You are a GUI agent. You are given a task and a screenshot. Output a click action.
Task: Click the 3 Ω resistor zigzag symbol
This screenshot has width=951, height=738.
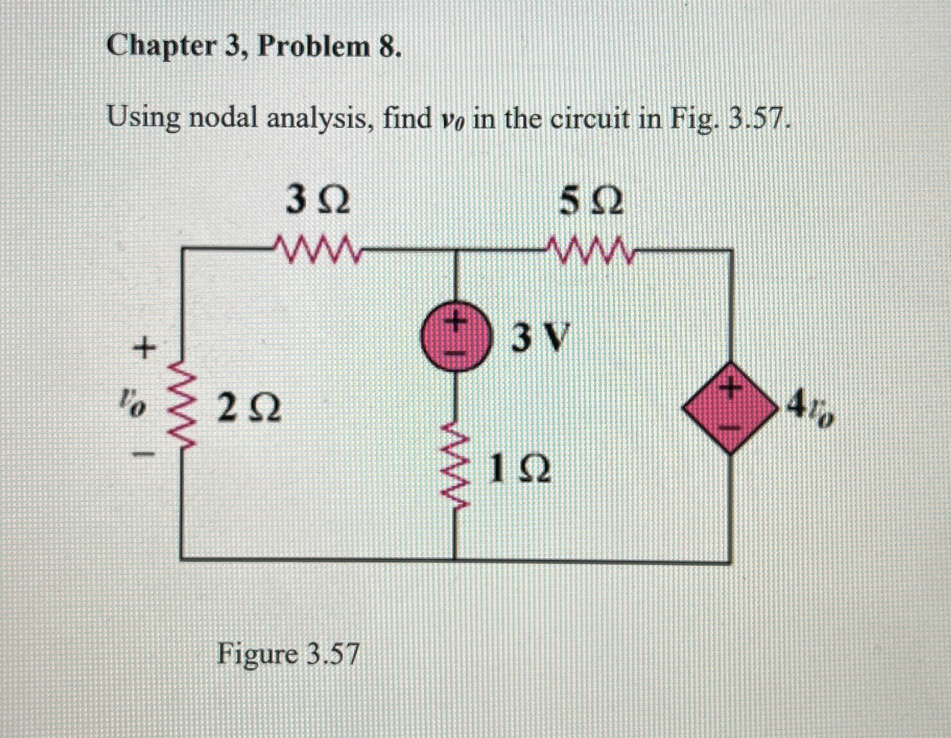(x=316, y=250)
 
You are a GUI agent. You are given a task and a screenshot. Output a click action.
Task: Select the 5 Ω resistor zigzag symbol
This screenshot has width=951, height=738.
(x=589, y=250)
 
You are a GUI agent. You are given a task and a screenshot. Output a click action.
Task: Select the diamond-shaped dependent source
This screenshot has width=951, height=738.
(x=730, y=407)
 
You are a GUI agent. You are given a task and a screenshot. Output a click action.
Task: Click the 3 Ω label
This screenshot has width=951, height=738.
(x=318, y=201)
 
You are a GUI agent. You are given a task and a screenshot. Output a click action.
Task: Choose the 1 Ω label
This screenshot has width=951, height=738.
(x=520, y=469)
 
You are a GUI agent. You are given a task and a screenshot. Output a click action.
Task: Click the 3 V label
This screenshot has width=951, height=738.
(x=539, y=338)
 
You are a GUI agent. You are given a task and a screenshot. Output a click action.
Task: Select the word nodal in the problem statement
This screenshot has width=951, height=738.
(x=223, y=119)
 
